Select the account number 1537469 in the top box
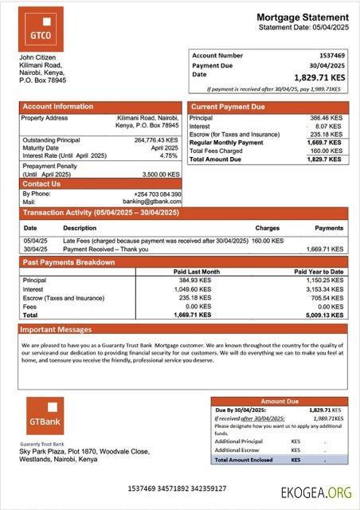331,56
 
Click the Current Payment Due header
228,106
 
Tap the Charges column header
268,228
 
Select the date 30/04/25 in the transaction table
35,249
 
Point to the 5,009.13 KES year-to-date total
326,315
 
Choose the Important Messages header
56,329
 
